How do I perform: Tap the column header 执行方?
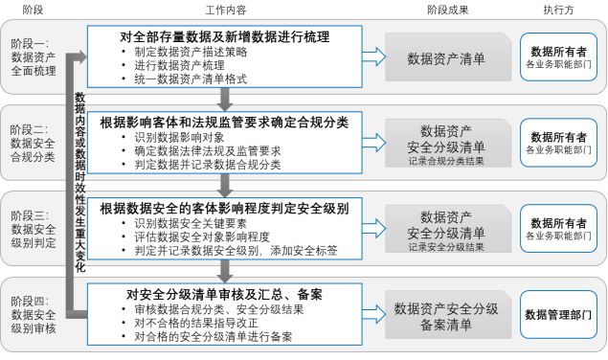coord(559,9)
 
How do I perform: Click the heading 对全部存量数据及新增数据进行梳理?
coord(226,36)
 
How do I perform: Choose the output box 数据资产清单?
coord(445,58)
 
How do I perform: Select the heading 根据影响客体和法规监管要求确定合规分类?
coord(224,123)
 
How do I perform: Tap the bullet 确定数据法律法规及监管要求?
coord(207,150)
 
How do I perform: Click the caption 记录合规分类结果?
coord(445,161)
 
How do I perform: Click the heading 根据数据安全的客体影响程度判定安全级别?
coord(224,208)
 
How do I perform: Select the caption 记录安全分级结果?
coord(445,247)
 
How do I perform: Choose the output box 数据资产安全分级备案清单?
coord(445,316)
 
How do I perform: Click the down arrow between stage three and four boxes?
coord(224,271)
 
